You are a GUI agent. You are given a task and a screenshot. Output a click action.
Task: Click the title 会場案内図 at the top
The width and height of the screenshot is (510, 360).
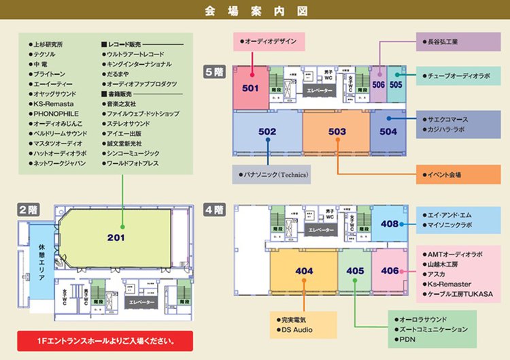click(x=255, y=11)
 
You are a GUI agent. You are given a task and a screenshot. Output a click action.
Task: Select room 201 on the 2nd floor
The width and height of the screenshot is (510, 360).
click(x=116, y=238)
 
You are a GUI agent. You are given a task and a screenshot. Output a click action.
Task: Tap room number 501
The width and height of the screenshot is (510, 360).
click(x=251, y=88)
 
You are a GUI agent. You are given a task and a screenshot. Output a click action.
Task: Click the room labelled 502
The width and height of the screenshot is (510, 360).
click(x=267, y=131)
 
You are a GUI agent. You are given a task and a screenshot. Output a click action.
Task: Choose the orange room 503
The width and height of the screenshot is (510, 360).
click(x=337, y=131)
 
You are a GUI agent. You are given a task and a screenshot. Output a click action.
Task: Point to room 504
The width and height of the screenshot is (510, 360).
click(x=388, y=131)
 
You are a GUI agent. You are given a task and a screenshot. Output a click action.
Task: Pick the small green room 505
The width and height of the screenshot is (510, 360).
click(x=396, y=84)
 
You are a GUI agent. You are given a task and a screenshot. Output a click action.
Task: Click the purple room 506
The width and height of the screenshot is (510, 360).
click(x=379, y=84)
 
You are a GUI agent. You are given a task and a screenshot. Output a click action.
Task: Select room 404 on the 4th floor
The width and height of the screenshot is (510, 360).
click(x=304, y=271)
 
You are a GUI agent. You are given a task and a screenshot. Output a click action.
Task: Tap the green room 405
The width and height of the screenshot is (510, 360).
click(x=355, y=271)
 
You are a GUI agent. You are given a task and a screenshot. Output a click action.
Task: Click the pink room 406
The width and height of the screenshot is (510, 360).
click(x=390, y=271)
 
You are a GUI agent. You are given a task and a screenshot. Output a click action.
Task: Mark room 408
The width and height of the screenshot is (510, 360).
click(x=390, y=223)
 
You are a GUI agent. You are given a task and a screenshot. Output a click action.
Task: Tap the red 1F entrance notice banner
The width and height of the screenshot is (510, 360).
click(x=105, y=340)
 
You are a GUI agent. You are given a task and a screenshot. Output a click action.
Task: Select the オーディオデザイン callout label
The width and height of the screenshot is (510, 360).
click(x=270, y=42)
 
